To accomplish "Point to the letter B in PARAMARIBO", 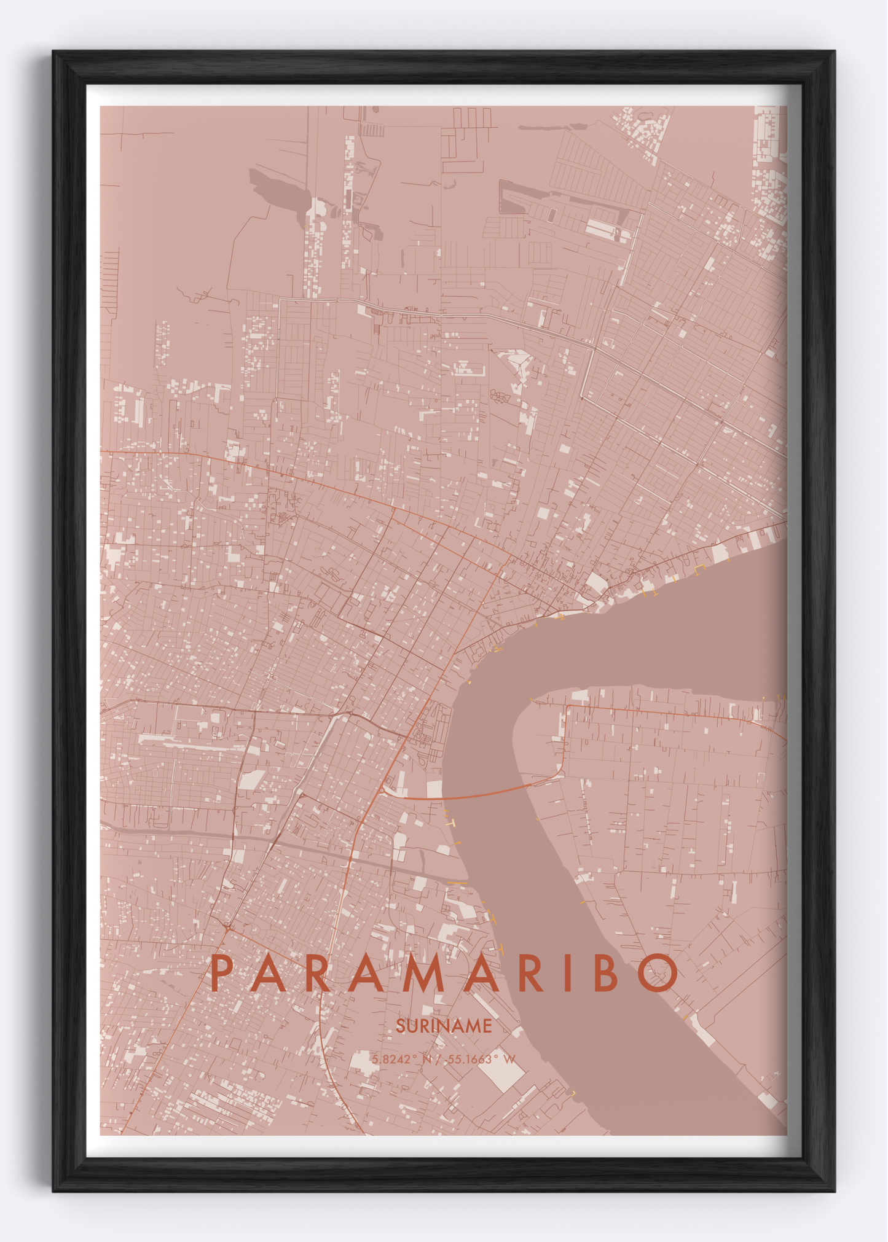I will pyautogui.click(x=605, y=974).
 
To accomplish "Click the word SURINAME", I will pyautogui.click(x=444, y=1026).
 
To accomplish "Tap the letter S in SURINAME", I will pyautogui.click(x=400, y=1026).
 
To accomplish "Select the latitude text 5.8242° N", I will pyautogui.click(x=402, y=1060).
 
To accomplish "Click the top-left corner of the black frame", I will pyautogui.click(x=54, y=52).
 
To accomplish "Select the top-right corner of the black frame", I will pyautogui.click(x=833, y=52).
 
